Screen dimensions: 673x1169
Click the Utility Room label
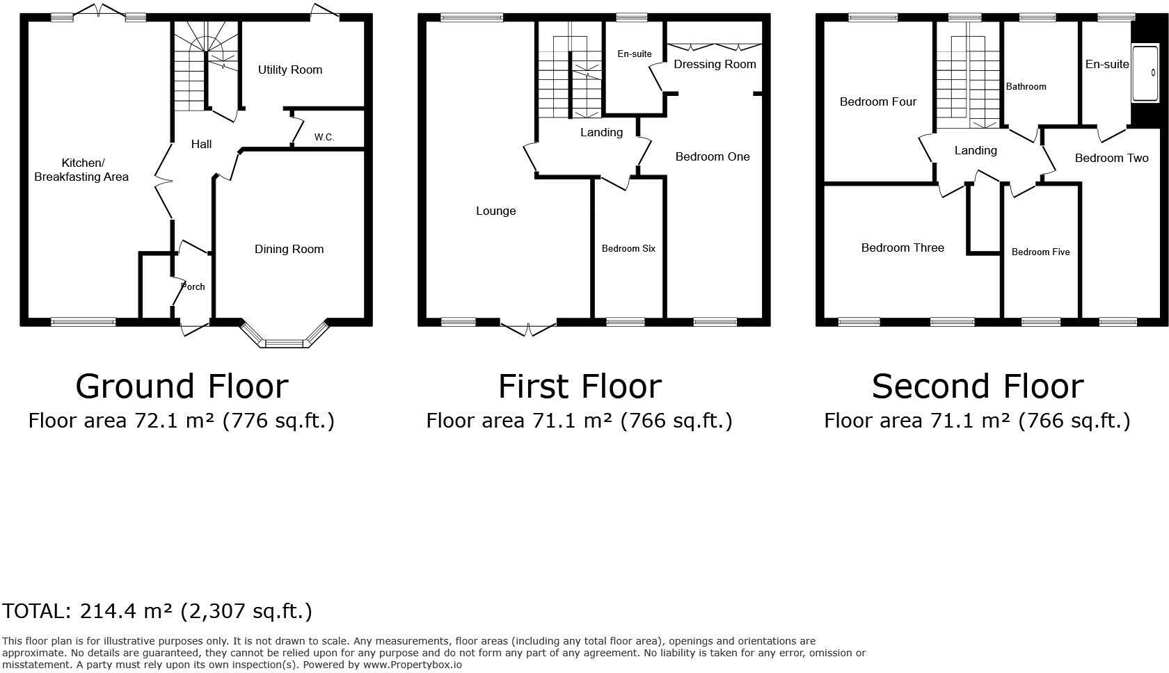pos(289,70)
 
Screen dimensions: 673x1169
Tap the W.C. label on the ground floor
pos(324,137)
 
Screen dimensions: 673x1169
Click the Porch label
pos(193,286)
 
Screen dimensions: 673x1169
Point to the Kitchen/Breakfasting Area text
pos(81,170)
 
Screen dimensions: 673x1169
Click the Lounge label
pos(495,211)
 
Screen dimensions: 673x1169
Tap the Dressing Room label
pos(715,64)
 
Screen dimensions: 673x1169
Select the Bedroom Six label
pos(628,248)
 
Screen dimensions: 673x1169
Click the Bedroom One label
pos(713,156)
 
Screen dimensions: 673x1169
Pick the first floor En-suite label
pos(634,54)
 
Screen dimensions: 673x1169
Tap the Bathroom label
pos(1026,86)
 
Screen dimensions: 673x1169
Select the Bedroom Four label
pos(877,102)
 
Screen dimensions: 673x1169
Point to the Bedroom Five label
pos(1040,252)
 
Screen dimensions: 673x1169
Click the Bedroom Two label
pos(1111,158)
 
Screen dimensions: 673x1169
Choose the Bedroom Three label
pos(902,248)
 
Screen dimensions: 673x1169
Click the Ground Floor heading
pos(182,386)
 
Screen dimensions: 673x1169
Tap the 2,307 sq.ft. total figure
pos(246,611)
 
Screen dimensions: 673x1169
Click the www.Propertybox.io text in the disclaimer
pos(412,665)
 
